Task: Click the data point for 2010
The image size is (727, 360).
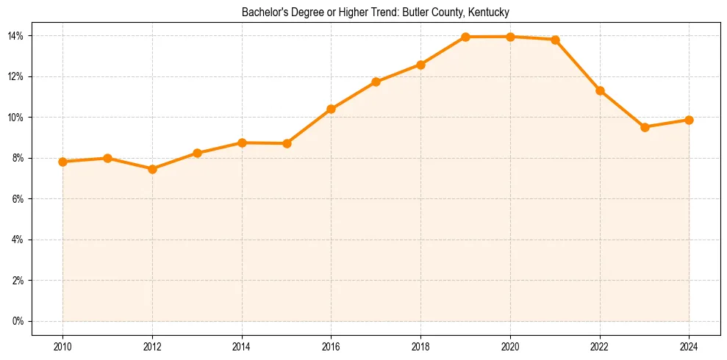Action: pyautogui.click(x=62, y=162)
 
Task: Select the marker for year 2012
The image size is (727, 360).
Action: pyautogui.click(x=152, y=169)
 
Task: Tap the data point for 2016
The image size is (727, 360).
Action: pyautogui.click(x=331, y=109)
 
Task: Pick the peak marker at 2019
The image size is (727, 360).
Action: pyautogui.click(x=465, y=37)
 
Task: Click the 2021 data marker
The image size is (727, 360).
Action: pyautogui.click(x=555, y=40)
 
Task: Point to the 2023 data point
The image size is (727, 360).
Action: pyautogui.click(x=645, y=127)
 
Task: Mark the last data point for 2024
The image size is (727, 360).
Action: pyautogui.click(x=689, y=120)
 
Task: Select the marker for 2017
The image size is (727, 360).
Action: pyautogui.click(x=376, y=82)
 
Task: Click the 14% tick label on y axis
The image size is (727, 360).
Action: pyautogui.click(x=15, y=36)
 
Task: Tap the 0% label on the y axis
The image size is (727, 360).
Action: pyautogui.click(x=18, y=321)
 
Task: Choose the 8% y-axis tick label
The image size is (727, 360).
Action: pyautogui.click(x=18, y=158)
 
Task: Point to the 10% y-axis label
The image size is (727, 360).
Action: pyautogui.click(x=15, y=118)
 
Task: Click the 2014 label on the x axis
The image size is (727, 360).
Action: pyautogui.click(x=242, y=346)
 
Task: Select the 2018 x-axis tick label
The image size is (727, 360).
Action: pyautogui.click(x=420, y=346)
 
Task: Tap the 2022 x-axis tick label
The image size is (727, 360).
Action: pyautogui.click(x=600, y=346)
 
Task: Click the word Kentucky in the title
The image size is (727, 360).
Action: pyautogui.click(x=490, y=12)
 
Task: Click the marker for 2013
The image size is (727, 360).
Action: pyautogui.click(x=197, y=153)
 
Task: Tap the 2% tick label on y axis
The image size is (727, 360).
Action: pyautogui.click(x=18, y=281)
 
